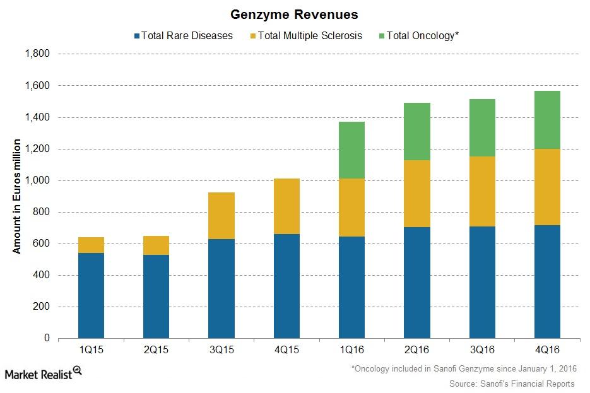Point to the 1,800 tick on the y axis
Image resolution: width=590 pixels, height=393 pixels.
(37, 54)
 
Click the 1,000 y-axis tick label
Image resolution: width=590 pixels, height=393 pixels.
(37, 180)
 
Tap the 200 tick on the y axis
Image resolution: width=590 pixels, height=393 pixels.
(42, 307)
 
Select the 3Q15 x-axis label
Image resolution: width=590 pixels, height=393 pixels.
(221, 349)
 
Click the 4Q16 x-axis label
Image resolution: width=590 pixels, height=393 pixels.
(547, 349)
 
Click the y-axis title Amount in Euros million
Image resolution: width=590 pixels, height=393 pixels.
(17, 196)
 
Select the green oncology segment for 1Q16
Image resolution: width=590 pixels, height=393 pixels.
(351, 150)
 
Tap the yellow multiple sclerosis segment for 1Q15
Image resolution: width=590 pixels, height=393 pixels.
(91, 245)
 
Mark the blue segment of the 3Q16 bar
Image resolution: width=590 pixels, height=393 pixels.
(482, 282)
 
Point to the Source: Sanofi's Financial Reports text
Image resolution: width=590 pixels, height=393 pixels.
(512, 384)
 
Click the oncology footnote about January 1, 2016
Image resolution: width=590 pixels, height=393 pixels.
(463, 369)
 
